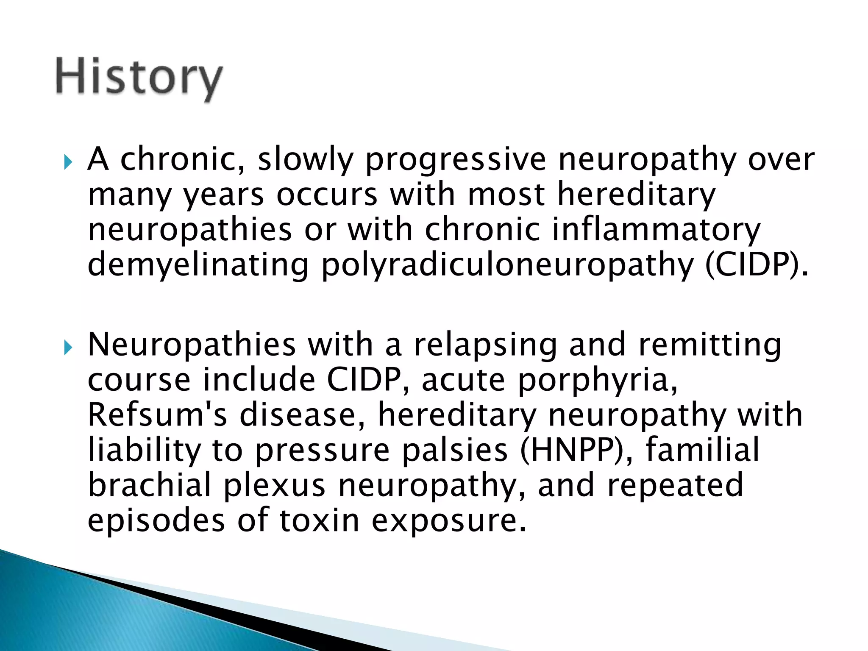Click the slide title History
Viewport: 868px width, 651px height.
pyautogui.click(x=139, y=79)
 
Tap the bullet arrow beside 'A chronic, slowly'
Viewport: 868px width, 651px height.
pyautogui.click(x=68, y=161)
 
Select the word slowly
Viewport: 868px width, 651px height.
pyautogui.click(x=305, y=160)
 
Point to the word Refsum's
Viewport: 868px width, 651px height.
pyautogui.click(x=157, y=415)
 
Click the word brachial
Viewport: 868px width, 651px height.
pyautogui.click(x=150, y=485)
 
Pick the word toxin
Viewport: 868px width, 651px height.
pyautogui.click(x=319, y=520)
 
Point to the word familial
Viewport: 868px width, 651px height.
pyautogui.click(x=702, y=450)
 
